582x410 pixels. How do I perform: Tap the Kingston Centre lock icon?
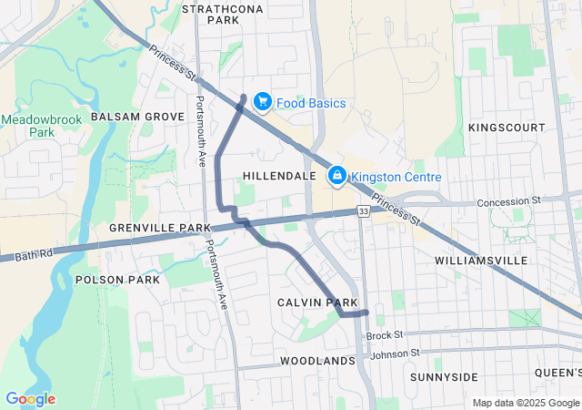point(336,174)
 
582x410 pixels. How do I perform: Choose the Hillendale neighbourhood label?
point(280,175)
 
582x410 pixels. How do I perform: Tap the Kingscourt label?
point(507,128)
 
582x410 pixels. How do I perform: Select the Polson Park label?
point(118,279)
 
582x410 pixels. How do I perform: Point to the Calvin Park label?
point(317,302)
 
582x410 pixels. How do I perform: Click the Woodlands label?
point(317,361)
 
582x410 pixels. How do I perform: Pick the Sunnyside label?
point(444,376)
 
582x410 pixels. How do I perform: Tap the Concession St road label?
point(509,199)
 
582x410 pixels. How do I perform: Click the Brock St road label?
point(385,335)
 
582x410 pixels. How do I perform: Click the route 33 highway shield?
point(363,211)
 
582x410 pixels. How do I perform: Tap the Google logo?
point(30,399)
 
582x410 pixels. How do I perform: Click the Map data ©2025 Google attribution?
point(525,403)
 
